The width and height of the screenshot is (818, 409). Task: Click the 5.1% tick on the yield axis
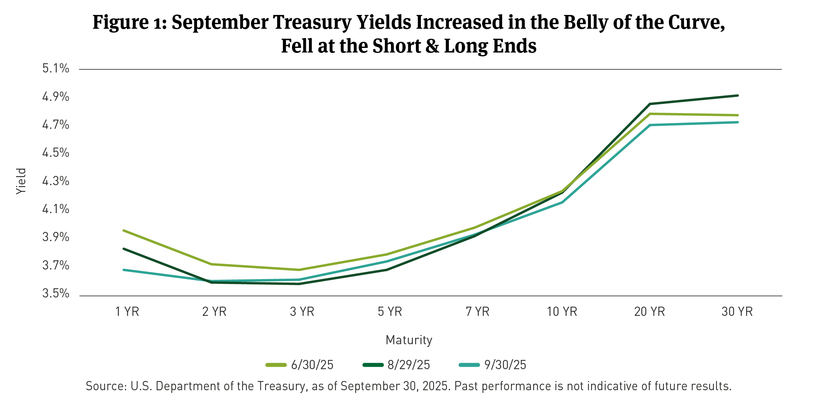pyautogui.click(x=56, y=69)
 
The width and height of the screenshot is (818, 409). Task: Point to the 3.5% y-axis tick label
pyautogui.click(x=56, y=294)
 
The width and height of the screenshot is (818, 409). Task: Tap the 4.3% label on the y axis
pyautogui.click(x=56, y=181)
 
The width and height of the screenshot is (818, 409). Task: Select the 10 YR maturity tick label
pyautogui.click(x=562, y=312)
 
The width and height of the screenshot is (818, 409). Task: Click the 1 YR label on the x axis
pyautogui.click(x=127, y=312)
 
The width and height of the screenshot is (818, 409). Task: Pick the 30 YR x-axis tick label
pyautogui.click(x=737, y=312)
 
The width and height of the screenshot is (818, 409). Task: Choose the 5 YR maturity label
pyautogui.click(x=390, y=312)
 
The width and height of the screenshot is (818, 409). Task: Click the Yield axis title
pyautogui.click(x=21, y=181)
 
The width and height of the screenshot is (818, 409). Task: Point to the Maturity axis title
pyautogui.click(x=409, y=340)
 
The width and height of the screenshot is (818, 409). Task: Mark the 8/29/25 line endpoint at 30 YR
pyautogui.click(x=738, y=95)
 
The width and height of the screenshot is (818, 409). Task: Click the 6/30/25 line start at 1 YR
pyautogui.click(x=123, y=230)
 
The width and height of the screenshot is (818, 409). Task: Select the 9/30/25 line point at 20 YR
pyautogui.click(x=650, y=125)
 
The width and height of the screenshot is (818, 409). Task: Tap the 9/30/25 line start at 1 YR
pyautogui.click(x=123, y=270)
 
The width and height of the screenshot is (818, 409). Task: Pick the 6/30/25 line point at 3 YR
pyautogui.click(x=299, y=270)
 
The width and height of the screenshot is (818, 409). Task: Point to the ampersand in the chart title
pyautogui.click(x=432, y=46)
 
